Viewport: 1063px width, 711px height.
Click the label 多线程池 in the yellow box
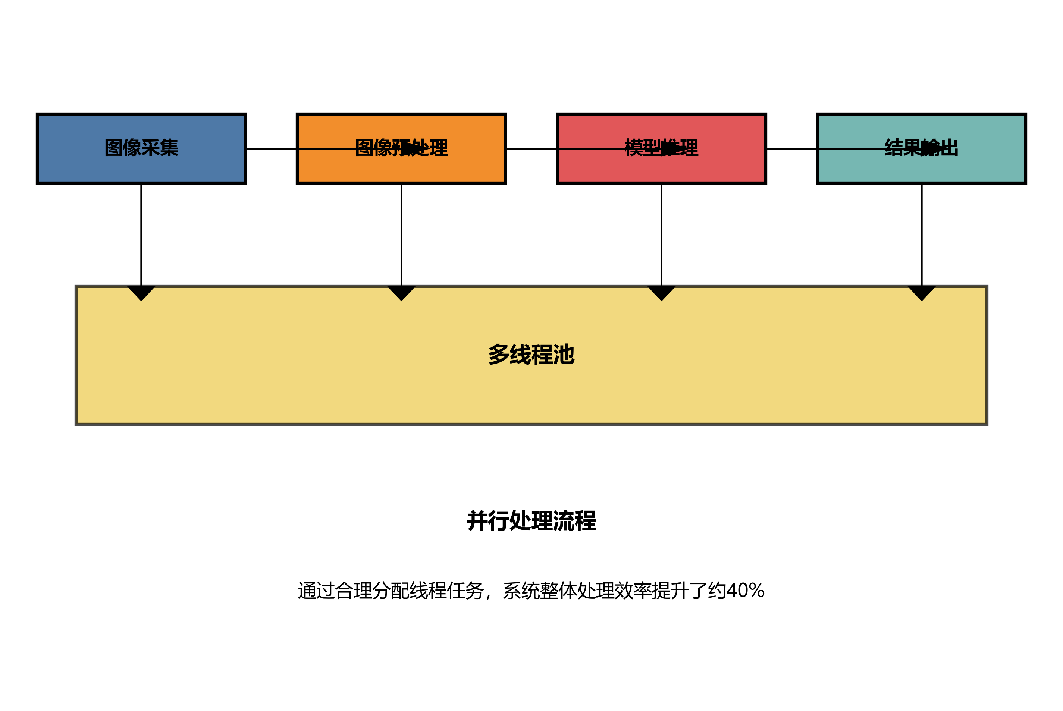pos(531,354)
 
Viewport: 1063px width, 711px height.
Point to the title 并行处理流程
pos(531,520)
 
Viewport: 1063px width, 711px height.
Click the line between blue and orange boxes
pos(271,148)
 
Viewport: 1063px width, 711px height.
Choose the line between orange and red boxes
pos(531,148)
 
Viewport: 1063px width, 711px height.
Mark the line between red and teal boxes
pos(791,148)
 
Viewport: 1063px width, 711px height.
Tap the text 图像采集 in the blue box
pos(141,148)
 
